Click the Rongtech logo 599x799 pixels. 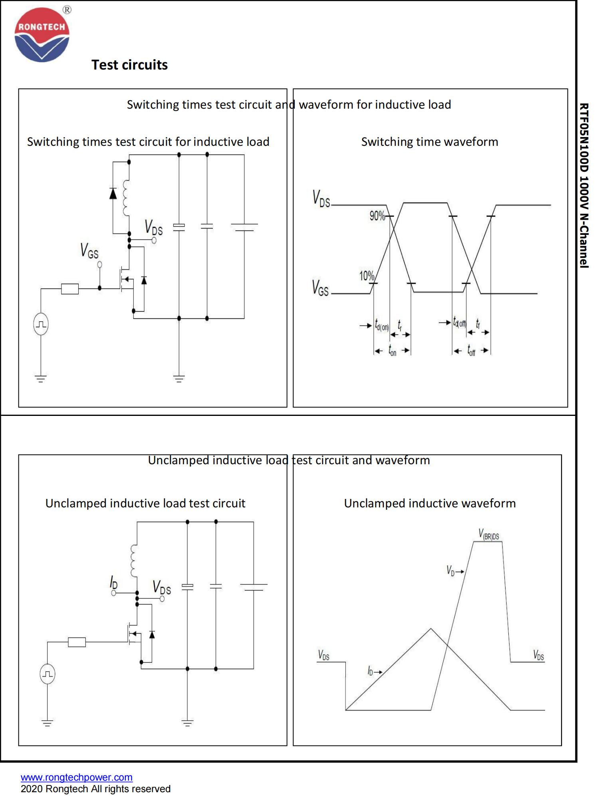tap(42, 35)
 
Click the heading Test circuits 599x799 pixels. tap(129, 65)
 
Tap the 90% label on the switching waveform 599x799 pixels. tap(377, 216)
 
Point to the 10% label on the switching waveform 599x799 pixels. tap(366, 276)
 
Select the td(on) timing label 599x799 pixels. tap(381, 325)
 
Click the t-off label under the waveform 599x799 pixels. tap(471, 351)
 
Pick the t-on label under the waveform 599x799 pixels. tap(392, 351)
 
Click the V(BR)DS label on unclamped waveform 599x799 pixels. tap(489, 535)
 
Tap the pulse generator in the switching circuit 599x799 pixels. tap(41, 324)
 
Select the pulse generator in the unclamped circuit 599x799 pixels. tap(48, 674)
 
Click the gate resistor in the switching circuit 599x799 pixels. tap(70, 288)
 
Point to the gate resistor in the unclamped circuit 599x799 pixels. tap(77, 642)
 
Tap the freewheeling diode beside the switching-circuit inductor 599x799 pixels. tap(113, 194)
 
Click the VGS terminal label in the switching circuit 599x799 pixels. tap(89, 251)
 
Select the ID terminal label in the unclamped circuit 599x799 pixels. tap(114, 583)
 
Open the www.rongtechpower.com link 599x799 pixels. tap(77, 777)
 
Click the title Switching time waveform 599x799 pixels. tap(430, 142)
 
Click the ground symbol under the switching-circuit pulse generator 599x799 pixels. tap(41, 378)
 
